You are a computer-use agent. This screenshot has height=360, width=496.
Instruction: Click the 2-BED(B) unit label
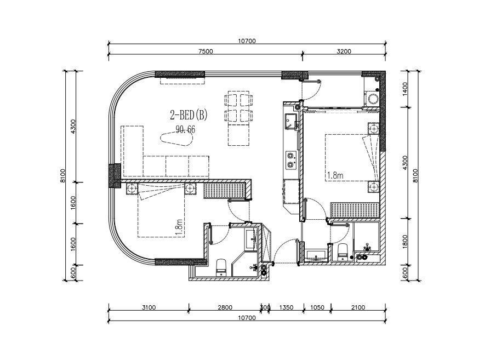[x=189, y=115]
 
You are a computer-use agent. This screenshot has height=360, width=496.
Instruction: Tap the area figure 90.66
[x=185, y=129]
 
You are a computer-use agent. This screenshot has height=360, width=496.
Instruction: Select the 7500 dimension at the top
[x=206, y=52]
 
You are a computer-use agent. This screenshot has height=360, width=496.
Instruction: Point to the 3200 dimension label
[x=344, y=52]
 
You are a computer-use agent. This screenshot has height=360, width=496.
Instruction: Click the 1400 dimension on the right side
[x=405, y=89]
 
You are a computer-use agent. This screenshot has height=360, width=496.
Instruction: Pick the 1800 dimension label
[x=405, y=242]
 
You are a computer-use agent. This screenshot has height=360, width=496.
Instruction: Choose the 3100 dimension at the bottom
[x=149, y=307]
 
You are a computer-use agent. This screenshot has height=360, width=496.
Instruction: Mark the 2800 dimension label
[x=225, y=307]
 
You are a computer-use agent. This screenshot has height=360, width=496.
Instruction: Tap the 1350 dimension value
[x=286, y=307]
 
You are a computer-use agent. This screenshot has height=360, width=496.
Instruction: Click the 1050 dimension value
[x=317, y=307]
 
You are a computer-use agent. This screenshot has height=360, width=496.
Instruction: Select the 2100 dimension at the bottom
[x=358, y=307]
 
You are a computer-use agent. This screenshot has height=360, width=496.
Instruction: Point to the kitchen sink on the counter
[x=290, y=122]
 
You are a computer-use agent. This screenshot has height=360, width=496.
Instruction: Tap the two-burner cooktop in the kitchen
[x=290, y=160]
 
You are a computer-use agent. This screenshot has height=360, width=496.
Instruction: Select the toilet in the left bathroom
[x=221, y=267]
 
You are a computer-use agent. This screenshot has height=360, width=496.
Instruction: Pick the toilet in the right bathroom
[x=343, y=252]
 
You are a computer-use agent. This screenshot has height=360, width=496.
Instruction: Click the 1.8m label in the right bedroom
[x=335, y=175]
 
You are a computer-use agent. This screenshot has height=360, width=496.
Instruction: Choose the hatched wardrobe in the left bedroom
[x=224, y=191]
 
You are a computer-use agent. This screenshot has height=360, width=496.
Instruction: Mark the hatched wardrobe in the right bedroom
[x=355, y=210]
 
